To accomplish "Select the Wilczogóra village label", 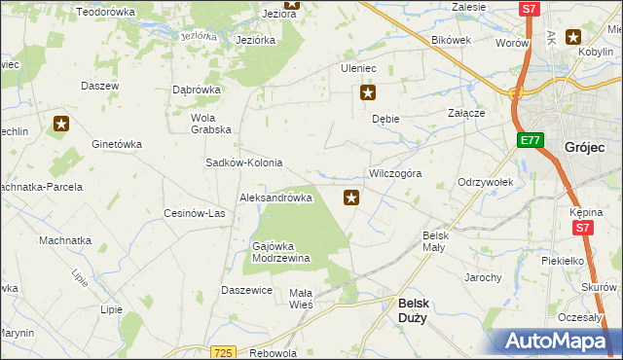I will click(394, 173).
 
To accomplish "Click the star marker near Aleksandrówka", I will click(351, 198).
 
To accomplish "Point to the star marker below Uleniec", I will click(368, 93).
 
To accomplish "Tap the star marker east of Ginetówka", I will click(61, 124).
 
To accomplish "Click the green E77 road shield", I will click(530, 141).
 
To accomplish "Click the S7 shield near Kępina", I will click(581, 229).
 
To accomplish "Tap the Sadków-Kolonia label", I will click(243, 162).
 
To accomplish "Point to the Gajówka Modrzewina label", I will click(280, 252).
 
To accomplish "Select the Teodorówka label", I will click(105, 12).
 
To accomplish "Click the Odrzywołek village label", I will click(492, 182).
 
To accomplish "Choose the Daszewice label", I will click(246, 290).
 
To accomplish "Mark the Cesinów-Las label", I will click(195, 213).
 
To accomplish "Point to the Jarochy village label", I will click(483, 277).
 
